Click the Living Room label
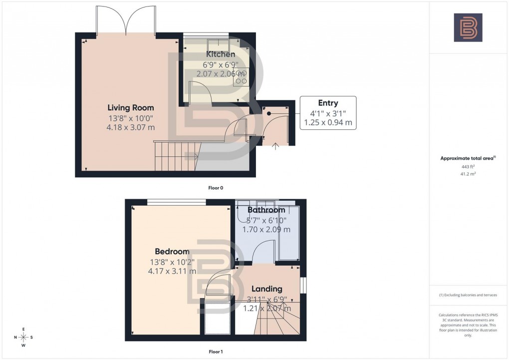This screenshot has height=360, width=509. (x=131, y=107)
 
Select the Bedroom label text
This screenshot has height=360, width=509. (x=172, y=252)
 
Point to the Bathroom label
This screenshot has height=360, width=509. (x=266, y=210)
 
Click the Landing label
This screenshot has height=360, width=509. (x=266, y=289)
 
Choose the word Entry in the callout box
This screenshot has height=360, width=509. (x=327, y=103)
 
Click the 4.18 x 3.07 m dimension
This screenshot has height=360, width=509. (x=131, y=127)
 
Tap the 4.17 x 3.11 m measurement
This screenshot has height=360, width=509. (x=172, y=271)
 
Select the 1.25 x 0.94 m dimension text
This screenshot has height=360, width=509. (x=327, y=122)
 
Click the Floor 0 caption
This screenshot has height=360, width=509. (x=216, y=188)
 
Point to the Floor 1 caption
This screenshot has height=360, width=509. (x=216, y=352)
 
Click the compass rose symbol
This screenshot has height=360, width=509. (x=23, y=337)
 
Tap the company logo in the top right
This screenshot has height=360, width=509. (x=468, y=27)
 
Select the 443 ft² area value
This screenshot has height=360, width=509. (x=468, y=167)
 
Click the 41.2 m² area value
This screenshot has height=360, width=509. (x=468, y=174)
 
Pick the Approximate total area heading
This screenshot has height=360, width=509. (x=467, y=158)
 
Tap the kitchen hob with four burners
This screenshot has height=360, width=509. (x=241, y=77)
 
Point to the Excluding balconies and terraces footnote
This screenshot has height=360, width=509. (x=468, y=295)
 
